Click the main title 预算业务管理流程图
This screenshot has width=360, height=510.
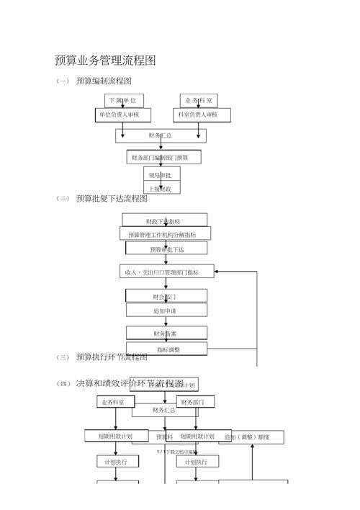105,61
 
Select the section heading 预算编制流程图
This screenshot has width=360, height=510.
104,81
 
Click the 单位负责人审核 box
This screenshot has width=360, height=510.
124,115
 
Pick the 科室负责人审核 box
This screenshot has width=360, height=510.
199,115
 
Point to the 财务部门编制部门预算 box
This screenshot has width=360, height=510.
163,157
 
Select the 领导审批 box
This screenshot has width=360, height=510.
162,174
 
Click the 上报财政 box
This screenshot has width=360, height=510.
162,189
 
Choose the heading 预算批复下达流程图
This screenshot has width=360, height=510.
111,199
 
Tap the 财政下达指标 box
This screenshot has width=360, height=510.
164,220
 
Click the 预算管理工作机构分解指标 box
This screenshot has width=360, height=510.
166,234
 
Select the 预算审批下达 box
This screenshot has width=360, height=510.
166,249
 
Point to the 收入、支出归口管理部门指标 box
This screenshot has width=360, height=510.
162,272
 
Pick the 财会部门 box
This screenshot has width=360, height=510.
166,296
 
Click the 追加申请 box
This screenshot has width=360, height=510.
166,310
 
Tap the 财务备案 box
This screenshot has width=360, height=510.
166,334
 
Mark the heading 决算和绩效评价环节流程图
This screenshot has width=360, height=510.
130,383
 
